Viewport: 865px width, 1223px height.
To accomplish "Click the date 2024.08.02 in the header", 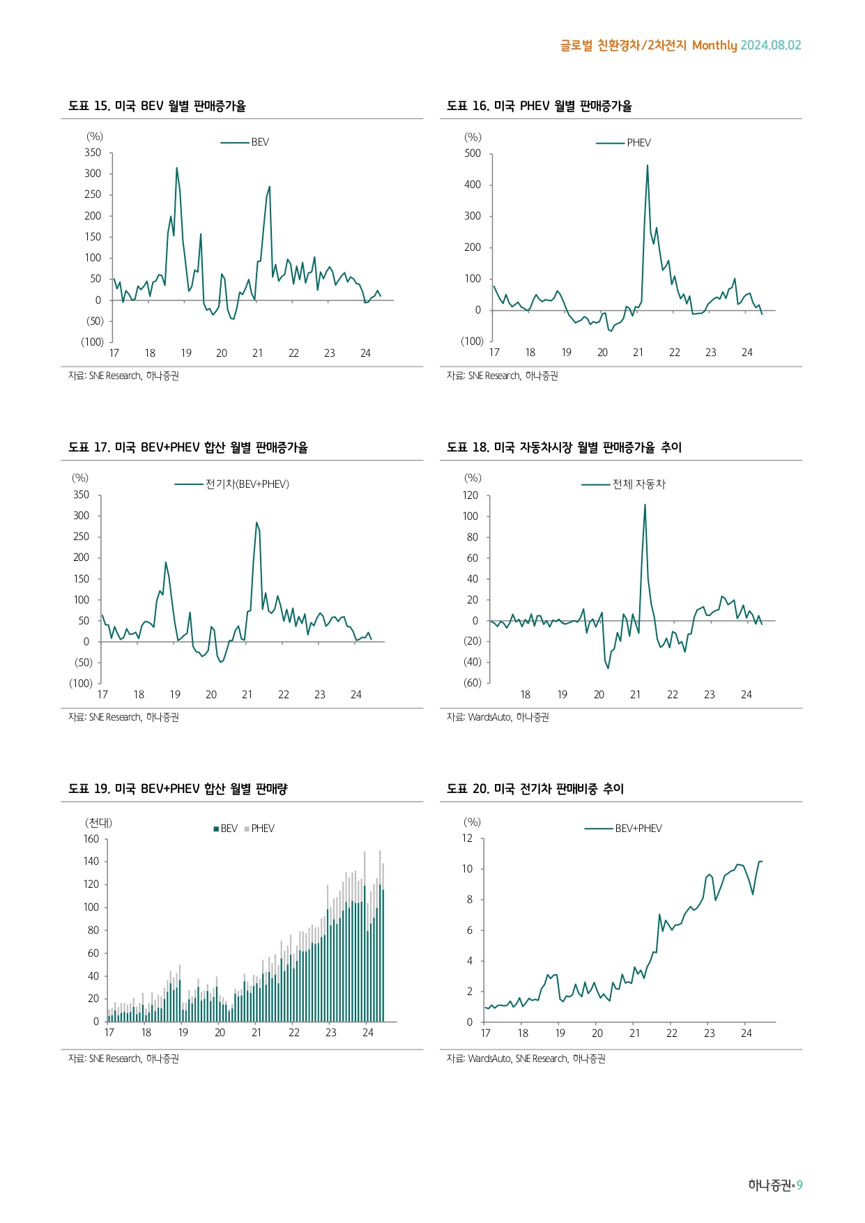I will coord(770,45).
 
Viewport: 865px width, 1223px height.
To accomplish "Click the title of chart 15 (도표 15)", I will coord(157,106).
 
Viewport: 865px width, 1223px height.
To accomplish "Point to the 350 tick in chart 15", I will coord(93,153).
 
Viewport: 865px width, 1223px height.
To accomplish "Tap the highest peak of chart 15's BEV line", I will coord(177,168).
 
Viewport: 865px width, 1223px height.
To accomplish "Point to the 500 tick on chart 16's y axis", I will coord(473,153).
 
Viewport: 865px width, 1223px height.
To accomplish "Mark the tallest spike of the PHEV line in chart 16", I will coord(648,166).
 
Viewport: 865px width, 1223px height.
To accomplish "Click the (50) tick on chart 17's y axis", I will coord(84,663).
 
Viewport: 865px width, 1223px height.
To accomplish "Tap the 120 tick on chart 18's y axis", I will coord(470,495).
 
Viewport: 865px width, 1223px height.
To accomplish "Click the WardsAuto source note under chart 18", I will coord(498,717).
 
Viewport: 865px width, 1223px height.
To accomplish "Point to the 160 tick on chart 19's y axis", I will coord(91,839).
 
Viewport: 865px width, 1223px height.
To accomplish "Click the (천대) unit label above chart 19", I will coord(98,823).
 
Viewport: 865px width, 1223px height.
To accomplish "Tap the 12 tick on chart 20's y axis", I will coord(467,838).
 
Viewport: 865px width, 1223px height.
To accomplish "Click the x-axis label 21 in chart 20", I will coord(634,1033).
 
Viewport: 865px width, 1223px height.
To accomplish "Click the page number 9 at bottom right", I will coord(799,1185).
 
